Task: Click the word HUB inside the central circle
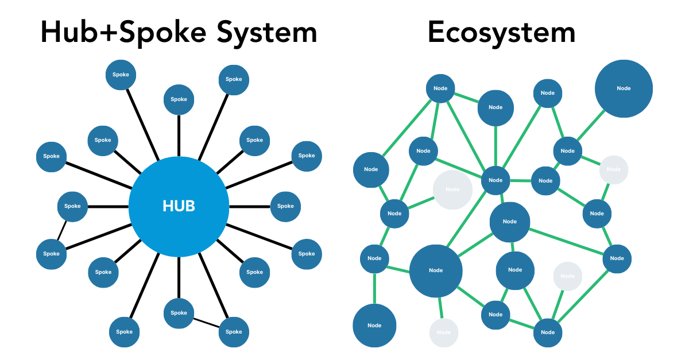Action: (x=179, y=206)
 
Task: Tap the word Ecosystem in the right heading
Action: (x=501, y=33)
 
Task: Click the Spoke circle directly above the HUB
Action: (x=179, y=99)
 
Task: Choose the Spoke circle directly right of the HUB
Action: (x=285, y=206)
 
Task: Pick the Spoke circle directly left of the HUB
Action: (x=72, y=206)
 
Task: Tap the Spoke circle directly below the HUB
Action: (x=179, y=313)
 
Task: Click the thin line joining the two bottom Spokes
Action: (x=206, y=322)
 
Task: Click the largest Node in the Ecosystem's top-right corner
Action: (x=624, y=88)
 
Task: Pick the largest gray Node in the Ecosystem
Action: (x=452, y=189)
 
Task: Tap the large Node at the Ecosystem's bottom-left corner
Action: (x=374, y=326)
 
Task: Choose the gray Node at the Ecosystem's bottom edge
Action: (x=444, y=332)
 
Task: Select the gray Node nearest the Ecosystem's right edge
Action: (x=614, y=169)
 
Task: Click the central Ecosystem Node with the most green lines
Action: (x=496, y=180)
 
